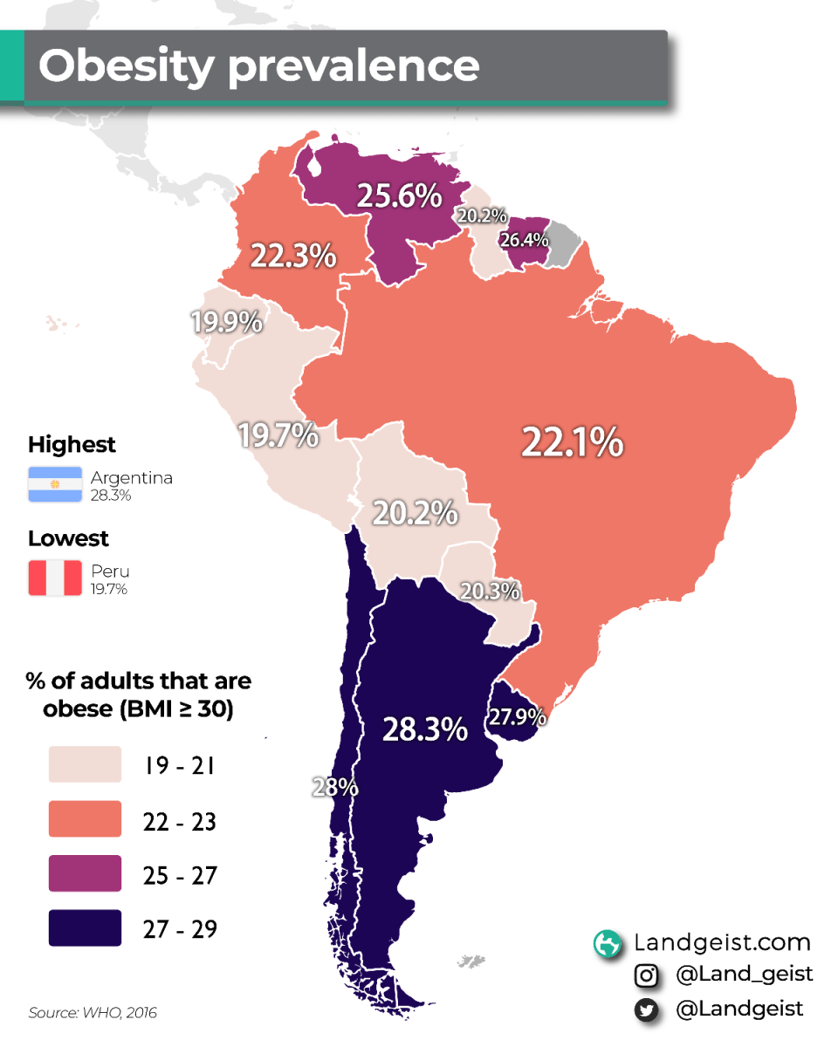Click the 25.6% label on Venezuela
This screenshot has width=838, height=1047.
pos(398,196)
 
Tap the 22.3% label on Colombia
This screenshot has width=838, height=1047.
pos(293,257)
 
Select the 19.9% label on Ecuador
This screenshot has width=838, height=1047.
pos(227,323)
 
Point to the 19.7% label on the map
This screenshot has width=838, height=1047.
pos(278,435)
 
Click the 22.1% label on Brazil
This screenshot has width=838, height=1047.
pos(572,442)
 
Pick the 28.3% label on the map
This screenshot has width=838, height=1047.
pos(425,729)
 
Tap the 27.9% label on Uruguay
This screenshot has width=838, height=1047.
pos(518,717)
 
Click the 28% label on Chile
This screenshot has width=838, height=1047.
pos(335,787)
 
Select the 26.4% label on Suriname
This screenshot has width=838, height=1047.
pos(524,239)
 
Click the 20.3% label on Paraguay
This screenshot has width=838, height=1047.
pos(491,591)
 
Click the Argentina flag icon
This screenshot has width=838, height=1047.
pos(55,484)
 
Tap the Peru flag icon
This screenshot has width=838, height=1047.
pos(55,578)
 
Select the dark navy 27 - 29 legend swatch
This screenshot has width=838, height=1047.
pos(85,928)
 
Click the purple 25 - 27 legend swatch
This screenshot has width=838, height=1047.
pos(85,874)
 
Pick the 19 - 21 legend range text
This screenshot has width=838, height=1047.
pos(179,767)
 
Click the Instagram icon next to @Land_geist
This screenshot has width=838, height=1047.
pos(646,975)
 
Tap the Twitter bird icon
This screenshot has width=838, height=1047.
pos(646,1009)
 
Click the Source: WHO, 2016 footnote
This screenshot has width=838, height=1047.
pos(93,1013)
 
